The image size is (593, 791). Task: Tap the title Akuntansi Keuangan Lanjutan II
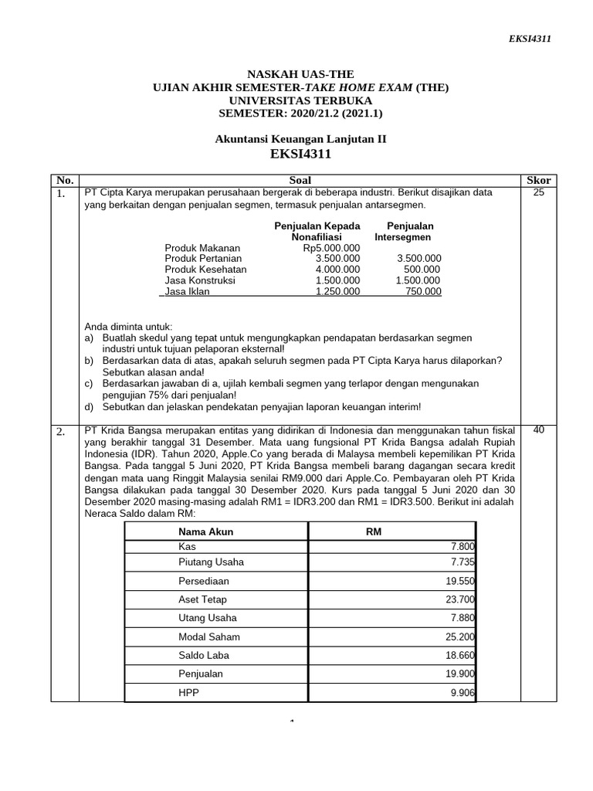tap(300, 139)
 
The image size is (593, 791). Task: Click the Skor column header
tap(538, 180)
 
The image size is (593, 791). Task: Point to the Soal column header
tap(300, 180)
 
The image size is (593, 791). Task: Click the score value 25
tap(538, 192)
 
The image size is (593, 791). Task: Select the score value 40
tap(538, 430)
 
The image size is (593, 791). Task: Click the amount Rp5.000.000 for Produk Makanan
tap(332, 247)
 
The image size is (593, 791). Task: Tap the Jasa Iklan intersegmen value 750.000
tap(423, 291)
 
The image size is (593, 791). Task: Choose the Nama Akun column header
tap(205, 531)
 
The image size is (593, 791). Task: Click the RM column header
tap(374, 531)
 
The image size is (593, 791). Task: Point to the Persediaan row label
tap(204, 581)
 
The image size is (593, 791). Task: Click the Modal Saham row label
tap(208, 637)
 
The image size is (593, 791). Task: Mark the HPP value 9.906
tap(462, 693)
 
